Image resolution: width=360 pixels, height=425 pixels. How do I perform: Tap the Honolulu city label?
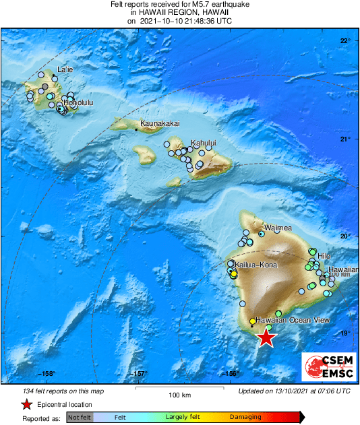[78, 102]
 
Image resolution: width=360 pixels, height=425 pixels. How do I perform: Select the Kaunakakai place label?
[160, 124]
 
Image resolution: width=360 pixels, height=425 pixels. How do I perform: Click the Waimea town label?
[277, 229]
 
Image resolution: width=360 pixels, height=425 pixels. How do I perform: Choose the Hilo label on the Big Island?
[324, 256]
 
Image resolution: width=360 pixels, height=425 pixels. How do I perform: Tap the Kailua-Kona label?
[256, 265]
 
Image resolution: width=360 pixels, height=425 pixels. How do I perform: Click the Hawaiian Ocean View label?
[288, 321]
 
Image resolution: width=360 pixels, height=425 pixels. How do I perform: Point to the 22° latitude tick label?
[344, 41]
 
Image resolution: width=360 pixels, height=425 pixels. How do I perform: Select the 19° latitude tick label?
[344, 333]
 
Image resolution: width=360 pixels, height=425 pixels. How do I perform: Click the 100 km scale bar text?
[177, 395]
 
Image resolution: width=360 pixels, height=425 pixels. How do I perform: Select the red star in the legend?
[26, 404]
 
